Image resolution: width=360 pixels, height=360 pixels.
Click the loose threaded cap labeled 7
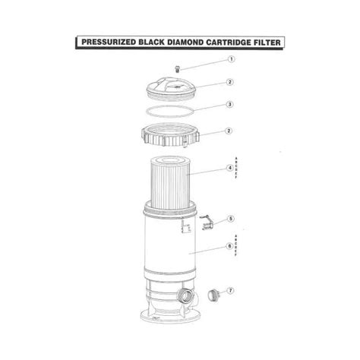click(x=213, y=295)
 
